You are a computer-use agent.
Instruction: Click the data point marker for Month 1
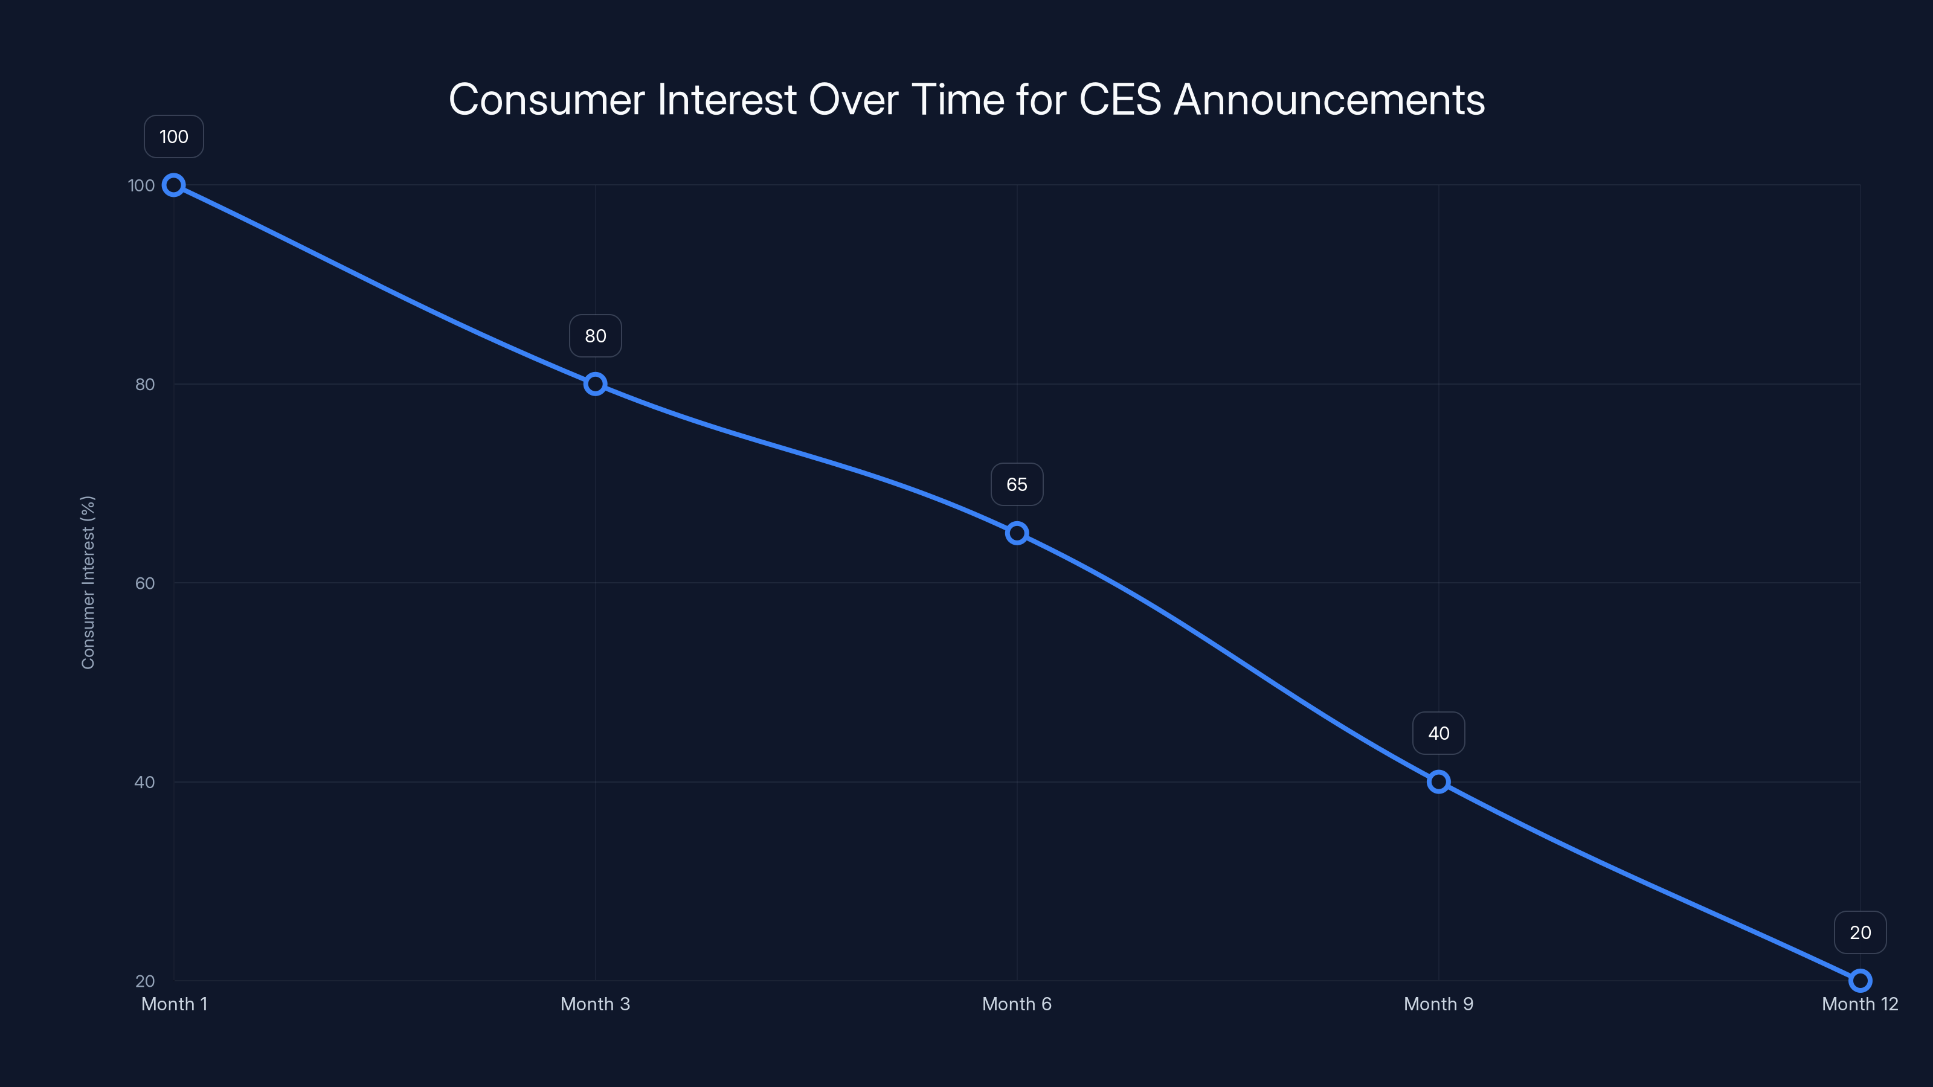[174, 185]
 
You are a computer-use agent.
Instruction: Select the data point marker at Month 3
[595, 384]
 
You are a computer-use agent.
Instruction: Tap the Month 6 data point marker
[1017, 533]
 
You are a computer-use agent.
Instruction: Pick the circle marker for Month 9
[1438, 781]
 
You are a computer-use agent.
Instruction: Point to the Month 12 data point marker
[1861, 981]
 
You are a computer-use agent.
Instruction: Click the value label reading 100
[174, 136]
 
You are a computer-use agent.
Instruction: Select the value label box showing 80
[595, 336]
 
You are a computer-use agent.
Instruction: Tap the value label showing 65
[1017, 484]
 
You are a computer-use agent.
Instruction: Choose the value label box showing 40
[1438, 733]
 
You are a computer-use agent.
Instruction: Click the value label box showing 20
[1861, 932]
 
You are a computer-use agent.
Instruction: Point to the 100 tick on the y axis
[141, 185]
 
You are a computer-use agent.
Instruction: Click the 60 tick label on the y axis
[145, 583]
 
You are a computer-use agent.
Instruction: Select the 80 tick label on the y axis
[145, 385]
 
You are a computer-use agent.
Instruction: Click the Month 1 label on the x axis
[174, 1004]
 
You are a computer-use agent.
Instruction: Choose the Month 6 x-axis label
[1017, 1004]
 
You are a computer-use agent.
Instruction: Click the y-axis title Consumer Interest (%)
[88, 582]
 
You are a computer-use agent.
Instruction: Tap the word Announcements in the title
[1329, 100]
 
